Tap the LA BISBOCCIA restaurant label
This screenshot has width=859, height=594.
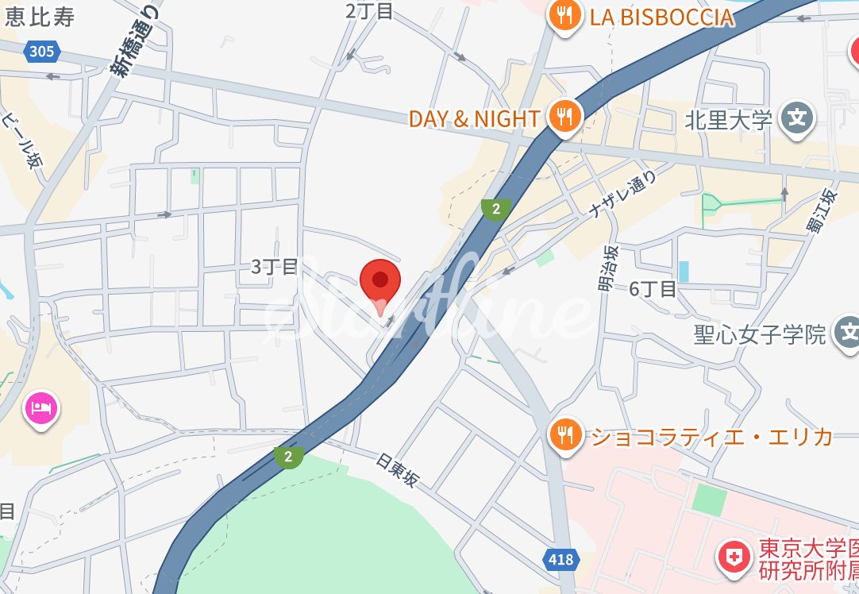pos(661,17)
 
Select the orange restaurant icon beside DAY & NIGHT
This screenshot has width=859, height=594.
pos(564,118)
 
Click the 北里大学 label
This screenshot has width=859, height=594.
pos(728,120)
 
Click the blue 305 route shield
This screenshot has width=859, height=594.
pos(41,52)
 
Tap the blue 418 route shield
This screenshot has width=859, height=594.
pos(560,560)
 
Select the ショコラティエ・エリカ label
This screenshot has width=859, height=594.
pos(710,436)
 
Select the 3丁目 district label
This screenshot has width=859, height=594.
pos(274,267)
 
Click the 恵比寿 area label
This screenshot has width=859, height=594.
pos(38,17)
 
